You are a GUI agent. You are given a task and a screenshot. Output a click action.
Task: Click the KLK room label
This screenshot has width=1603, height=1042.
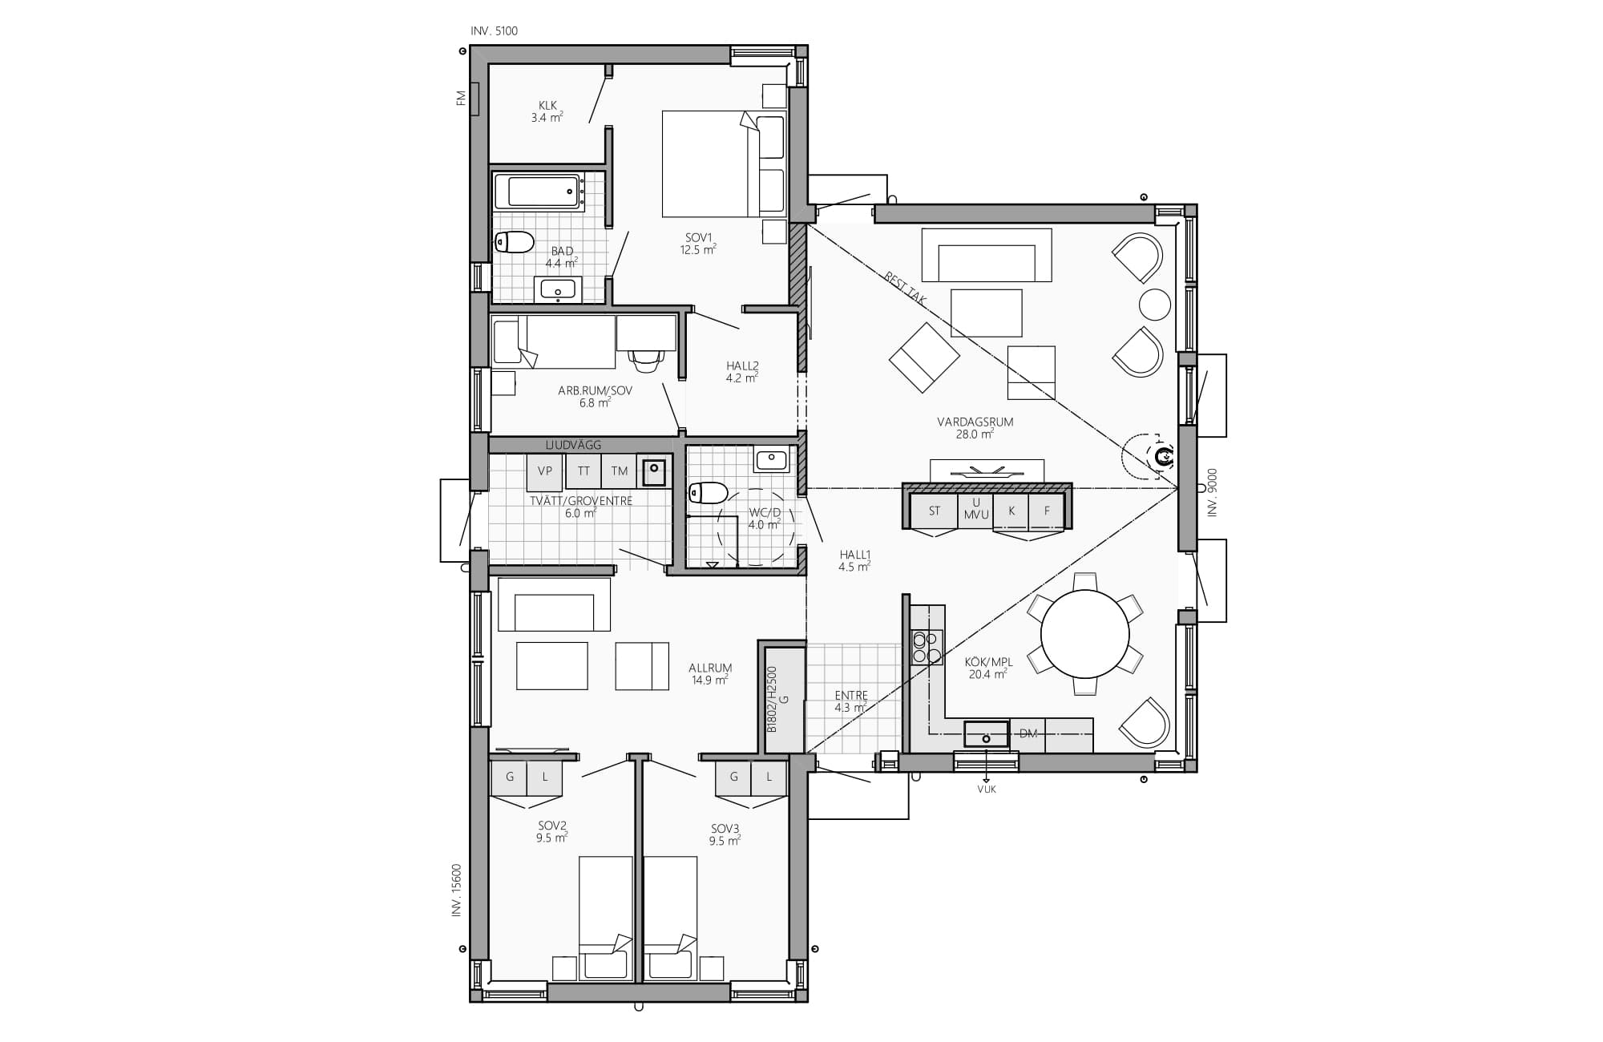pos(547,105)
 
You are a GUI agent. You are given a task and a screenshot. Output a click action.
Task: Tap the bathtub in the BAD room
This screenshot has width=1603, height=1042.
pos(537,192)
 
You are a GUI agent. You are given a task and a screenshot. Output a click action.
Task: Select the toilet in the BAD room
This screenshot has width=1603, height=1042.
pos(514,241)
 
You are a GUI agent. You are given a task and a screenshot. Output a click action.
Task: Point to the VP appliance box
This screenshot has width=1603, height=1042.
pos(544,471)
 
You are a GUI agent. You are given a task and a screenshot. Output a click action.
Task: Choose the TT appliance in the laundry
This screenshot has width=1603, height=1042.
pos(583,471)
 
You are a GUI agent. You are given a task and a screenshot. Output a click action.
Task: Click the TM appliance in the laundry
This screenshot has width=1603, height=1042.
pos(619,471)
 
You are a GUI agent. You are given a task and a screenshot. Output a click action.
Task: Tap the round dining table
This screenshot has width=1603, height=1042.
pos(1085,633)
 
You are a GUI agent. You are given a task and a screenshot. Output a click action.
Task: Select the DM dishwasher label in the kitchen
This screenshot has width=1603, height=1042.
pos(1028,733)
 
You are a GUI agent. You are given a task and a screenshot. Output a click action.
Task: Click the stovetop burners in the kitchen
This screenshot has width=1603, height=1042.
pos(927,648)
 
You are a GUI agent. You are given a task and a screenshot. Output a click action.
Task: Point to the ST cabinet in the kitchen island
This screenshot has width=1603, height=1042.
pos(934,511)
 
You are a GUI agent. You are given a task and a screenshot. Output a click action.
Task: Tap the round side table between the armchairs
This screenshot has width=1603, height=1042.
pos(1155,305)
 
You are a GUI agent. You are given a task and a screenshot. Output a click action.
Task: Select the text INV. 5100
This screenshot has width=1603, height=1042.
pos(495,31)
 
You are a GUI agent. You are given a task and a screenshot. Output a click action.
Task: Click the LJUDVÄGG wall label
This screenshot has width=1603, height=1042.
pos(573,445)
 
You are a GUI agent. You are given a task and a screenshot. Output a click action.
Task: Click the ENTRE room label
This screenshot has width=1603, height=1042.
pos(851,696)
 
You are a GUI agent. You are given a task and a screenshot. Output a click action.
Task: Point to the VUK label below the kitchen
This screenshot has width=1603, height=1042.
pos(987,790)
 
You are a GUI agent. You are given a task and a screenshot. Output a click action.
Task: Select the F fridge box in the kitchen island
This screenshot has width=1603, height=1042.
pos(1046,511)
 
